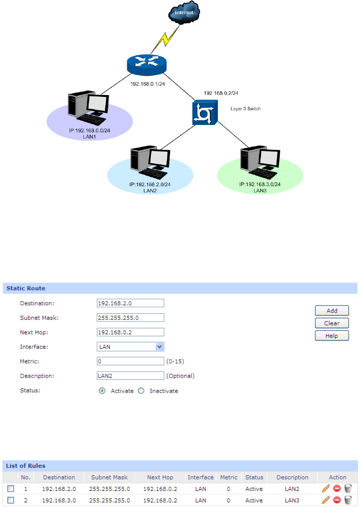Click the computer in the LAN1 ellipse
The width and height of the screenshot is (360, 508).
[x=87, y=109]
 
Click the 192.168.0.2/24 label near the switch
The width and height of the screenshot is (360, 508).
[x=221, y=93]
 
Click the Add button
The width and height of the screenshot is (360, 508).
[x=332, y=311]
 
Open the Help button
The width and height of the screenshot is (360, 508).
[x=332, y=335]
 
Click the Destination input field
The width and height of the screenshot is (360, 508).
[x=130, y=303]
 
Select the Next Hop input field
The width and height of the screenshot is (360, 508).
[x=130, y=332]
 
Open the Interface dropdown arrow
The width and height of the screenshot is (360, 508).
[x=159, y=346]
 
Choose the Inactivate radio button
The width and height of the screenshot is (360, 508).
[x=141, y=391]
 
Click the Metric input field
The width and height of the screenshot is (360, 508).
[x=130, y=361]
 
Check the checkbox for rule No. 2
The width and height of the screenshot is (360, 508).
[x=11, y=500]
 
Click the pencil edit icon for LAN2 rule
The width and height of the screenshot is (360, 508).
[x=326, y=489]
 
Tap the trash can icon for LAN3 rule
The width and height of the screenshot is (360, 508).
[x=348, y=500]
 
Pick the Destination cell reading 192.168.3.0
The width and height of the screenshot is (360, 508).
[x=59, y=500]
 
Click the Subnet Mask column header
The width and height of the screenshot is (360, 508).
[x=110, y=477]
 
